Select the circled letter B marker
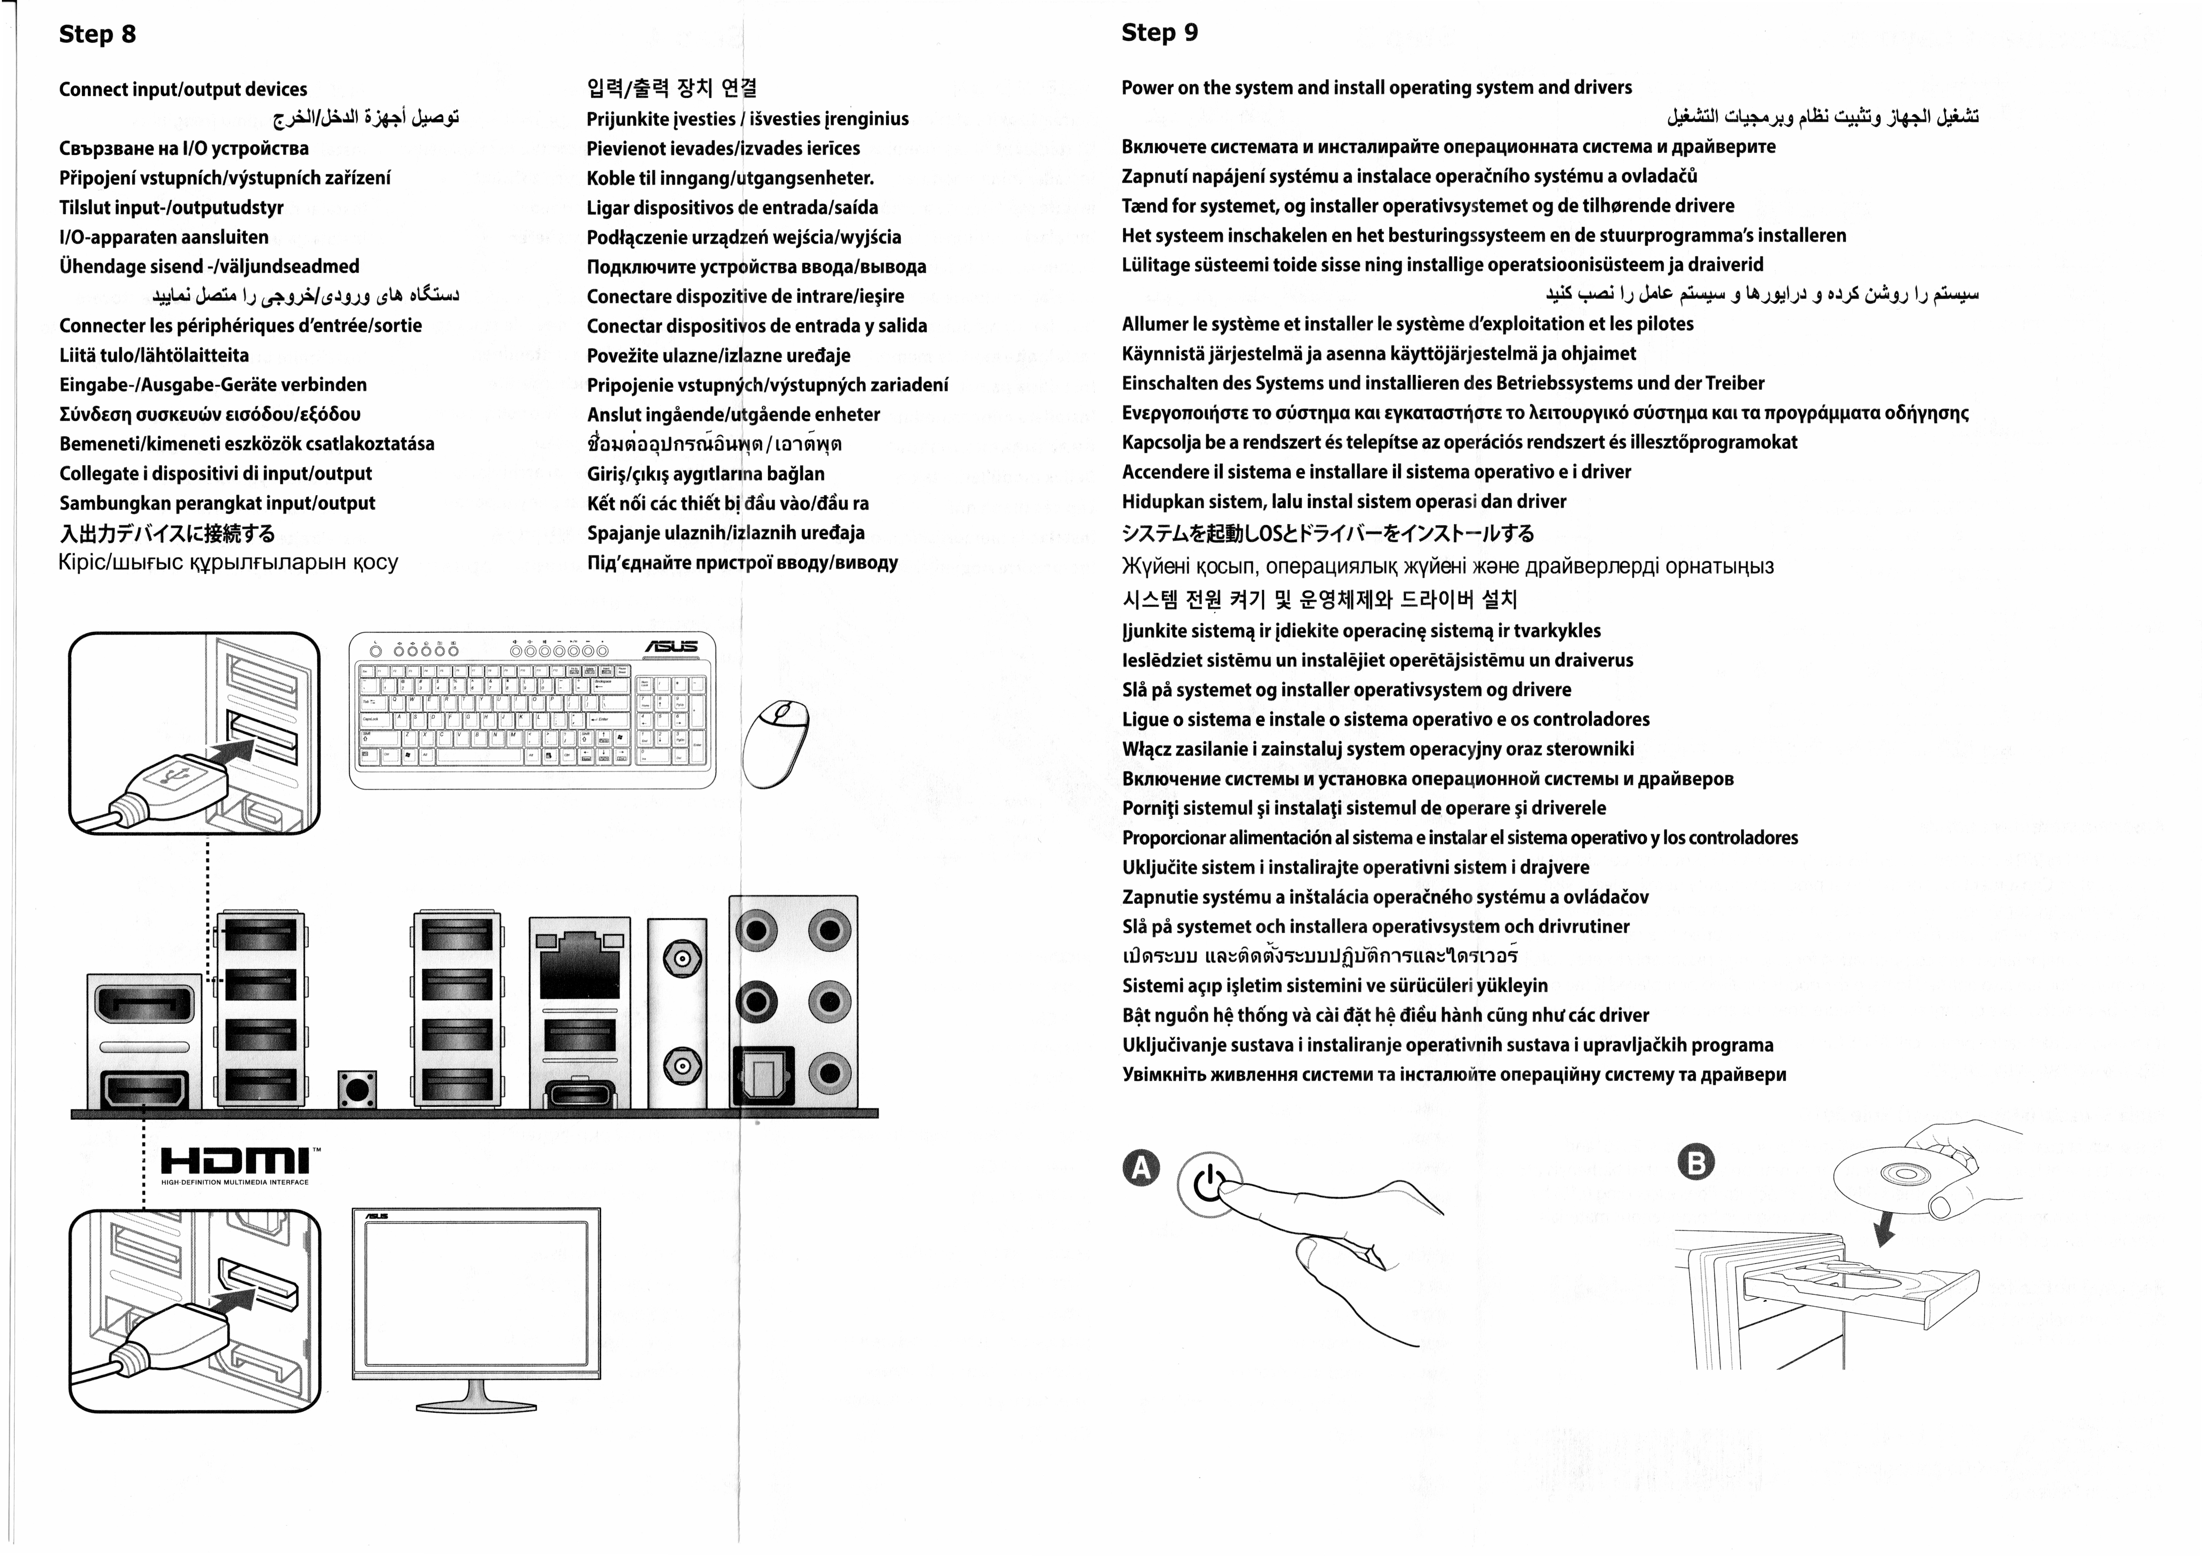[1696, 1163]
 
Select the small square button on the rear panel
[357, 1090]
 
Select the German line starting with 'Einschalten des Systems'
[1442, 383]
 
